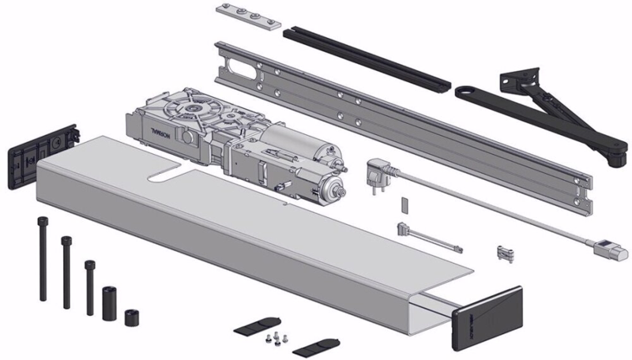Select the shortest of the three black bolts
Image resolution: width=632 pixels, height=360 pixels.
88,285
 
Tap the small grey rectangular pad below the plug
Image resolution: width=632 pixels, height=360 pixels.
403,204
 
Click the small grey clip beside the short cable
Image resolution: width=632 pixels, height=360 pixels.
503,253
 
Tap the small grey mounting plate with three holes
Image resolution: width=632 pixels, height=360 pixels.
247,17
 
